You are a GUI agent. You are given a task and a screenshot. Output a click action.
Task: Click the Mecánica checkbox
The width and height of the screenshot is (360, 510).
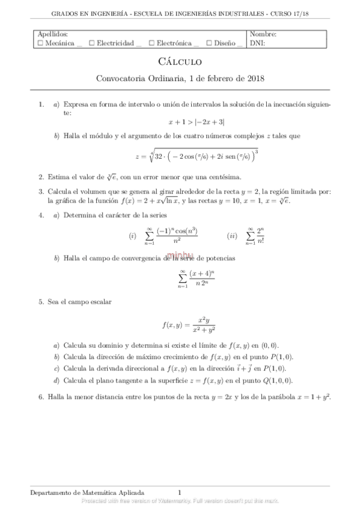click(x=39, y=43)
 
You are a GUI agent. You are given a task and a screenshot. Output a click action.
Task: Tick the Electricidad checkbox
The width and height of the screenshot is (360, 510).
click(x=91, y=43)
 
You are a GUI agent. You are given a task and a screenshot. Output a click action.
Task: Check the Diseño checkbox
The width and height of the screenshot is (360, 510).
click(x=208, y=43)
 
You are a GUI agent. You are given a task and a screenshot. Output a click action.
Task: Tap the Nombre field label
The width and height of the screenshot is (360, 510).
click(x=263, y=35)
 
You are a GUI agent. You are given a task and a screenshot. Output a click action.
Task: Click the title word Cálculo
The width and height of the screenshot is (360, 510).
click(x=180, y=61)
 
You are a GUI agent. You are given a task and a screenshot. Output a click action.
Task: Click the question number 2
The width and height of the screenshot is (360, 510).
click(x=40, y=177)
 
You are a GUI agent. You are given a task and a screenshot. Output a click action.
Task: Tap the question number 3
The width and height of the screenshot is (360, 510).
click(x=40, y=191)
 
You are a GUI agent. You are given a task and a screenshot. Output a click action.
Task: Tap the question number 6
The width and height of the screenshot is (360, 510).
click(x=40, y=398)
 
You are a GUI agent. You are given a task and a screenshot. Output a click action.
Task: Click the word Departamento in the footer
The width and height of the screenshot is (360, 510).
click(x=51, y=492)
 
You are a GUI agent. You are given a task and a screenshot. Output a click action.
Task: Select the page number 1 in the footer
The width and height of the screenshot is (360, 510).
click(x=180, y=492)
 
